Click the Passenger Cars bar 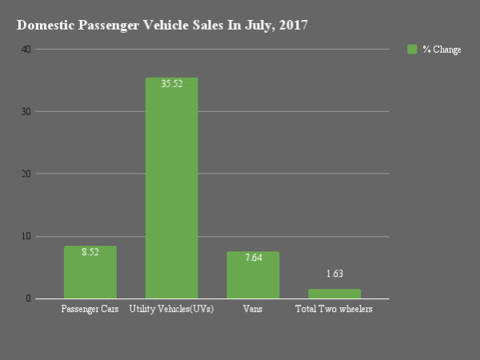click(x=90, y=273)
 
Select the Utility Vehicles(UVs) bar click(x=171, y=188)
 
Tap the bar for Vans click(x=253, y=275)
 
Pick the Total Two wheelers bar click(x=334, y=294)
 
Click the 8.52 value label click(x=90, y=251)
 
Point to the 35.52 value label click(x=171, y=83)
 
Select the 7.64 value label click(x=253, y=257)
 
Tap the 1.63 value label click(x=334, y=274)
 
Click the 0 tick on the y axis click(x=28, y=299)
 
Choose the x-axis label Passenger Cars click(x=90, y=309)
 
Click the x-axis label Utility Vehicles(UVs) click(x=171, y=309)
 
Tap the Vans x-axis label click(x=253, y=309)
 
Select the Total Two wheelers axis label click(x=334, y=309)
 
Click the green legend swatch click(x=412, y=50)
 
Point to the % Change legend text click(x=442, y=50)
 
